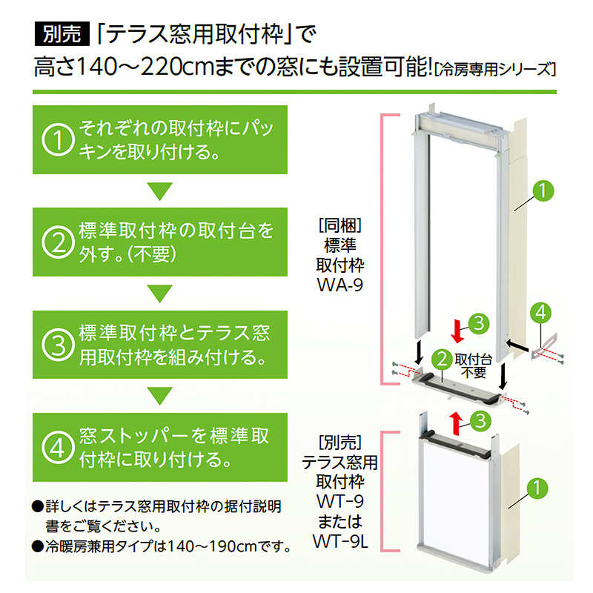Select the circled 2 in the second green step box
(x=60, y=242)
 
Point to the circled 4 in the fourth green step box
(x=60, y=447)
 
